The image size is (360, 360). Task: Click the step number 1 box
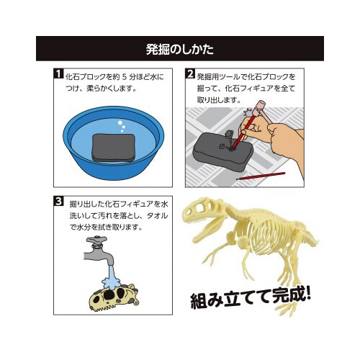[56, 74]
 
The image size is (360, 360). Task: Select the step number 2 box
[190, 74]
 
